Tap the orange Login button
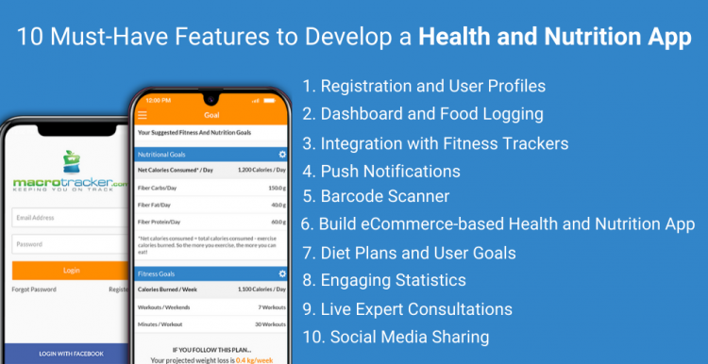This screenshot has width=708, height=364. (71, 270)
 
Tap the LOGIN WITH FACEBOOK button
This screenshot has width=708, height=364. (72, 354)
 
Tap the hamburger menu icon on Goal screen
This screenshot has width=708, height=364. (143, 115)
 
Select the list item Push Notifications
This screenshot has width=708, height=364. (381, 171)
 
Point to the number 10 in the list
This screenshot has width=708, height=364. (312, 337)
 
